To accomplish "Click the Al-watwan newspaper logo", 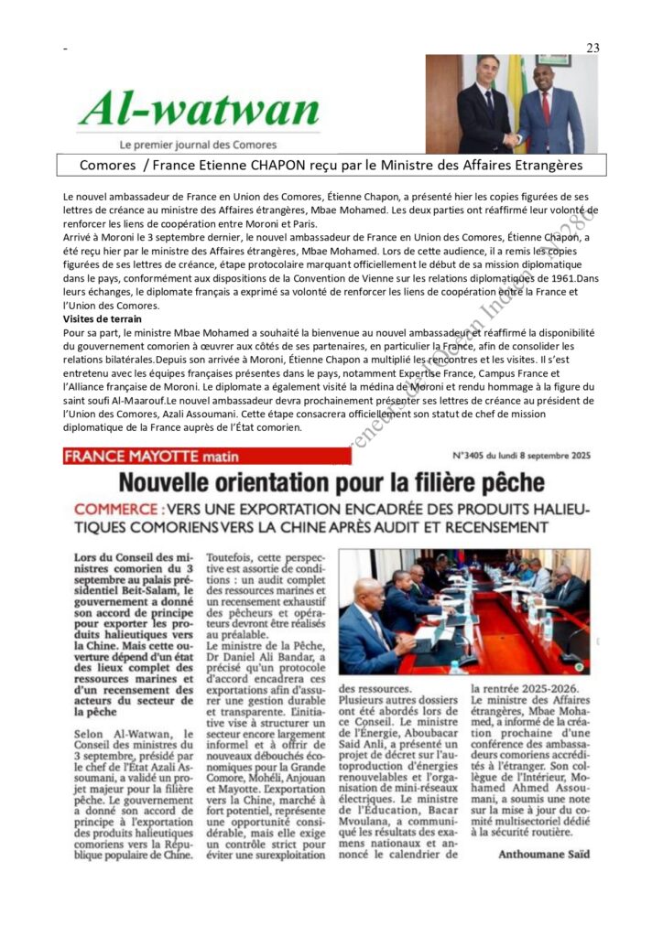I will [x=199, y=110].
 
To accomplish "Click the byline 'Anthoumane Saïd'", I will [x=543, y=854].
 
